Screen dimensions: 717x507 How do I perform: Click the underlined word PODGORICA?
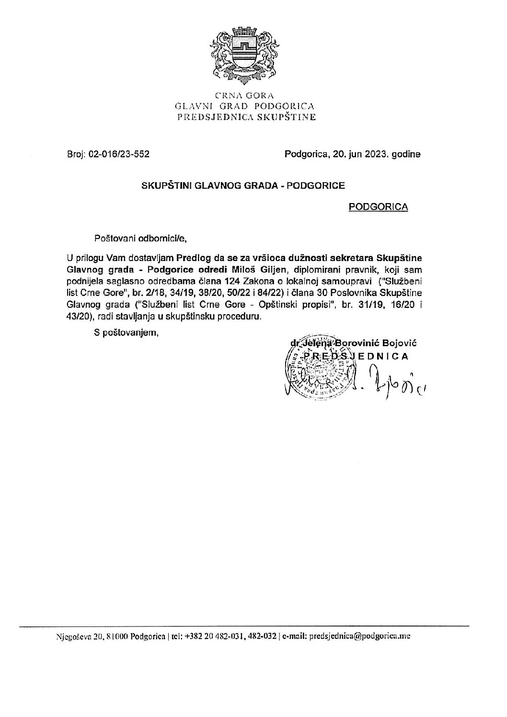379,207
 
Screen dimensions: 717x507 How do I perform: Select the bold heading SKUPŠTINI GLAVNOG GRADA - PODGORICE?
242,186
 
